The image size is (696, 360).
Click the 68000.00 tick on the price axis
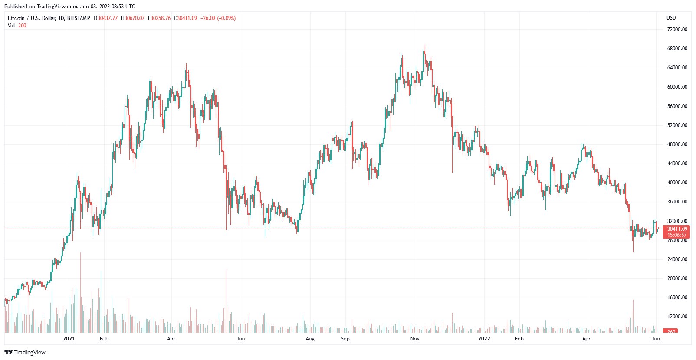(677, 49)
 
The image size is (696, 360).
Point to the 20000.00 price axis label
(677, 278)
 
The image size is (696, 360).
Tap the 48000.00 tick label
(677, 144)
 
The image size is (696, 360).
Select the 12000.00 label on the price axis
(677, 317)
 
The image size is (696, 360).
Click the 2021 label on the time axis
(69, 339)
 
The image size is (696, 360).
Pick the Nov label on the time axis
(415, 339)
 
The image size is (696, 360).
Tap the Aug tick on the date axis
(310, 339)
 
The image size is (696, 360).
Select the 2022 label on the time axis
(484, 339)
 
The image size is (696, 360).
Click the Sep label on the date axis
(345, 339)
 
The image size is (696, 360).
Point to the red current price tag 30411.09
(676, 229)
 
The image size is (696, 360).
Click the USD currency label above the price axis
(671, 18)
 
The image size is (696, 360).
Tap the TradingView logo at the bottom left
(25, 352)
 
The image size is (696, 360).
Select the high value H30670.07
(133, 18)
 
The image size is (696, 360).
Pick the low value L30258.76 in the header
(159, 18)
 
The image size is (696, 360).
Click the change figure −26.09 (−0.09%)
(218, 18)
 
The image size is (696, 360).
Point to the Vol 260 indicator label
(17, 26)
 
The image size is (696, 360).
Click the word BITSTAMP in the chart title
(79, 18)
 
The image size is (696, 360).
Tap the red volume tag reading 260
(671, 331)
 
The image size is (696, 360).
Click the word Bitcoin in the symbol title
(16, 18)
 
